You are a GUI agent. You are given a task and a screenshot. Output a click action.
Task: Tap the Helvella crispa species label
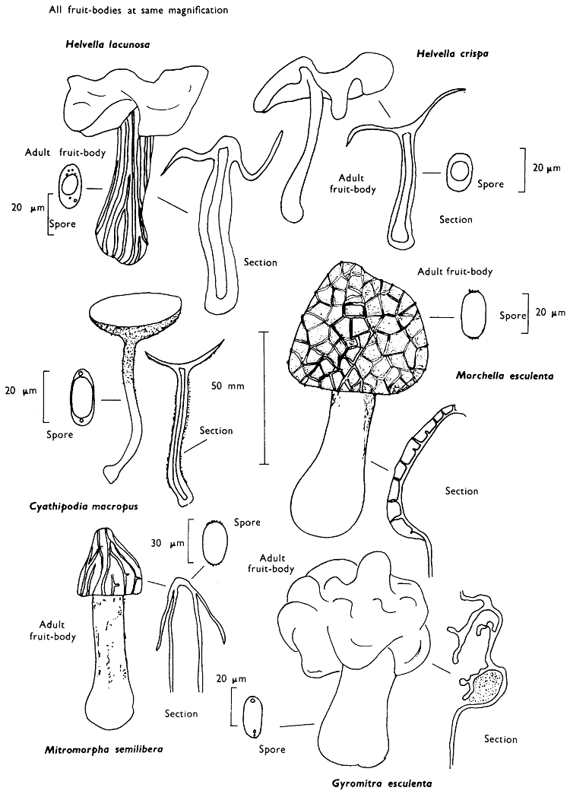(452, 54)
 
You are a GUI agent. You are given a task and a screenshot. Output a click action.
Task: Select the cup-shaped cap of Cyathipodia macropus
(135, 312)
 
